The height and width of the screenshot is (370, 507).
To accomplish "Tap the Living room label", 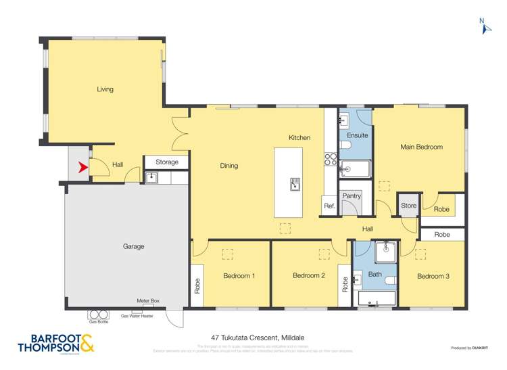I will pyautogui.click(x=105, y=89).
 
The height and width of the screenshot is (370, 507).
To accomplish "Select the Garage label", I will pyautogui.click(x=133, y=247).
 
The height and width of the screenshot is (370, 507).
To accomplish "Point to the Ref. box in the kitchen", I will pyautogui.click(x=329, y=206).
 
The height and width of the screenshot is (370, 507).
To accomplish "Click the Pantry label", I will pyautogui.click(x=351, y=196).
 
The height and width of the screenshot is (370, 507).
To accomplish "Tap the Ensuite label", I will pyautogui.click(x=357, y=135).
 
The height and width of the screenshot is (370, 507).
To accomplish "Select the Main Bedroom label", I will pyautogui.click(x=421, y=147).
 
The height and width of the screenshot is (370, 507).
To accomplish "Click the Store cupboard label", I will pyautogui.click(x=408, y=206).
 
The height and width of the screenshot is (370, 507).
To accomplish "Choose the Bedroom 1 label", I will pyautogui.click(x=239, y=276).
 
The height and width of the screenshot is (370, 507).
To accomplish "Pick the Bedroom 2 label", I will pyautogui.click(x=309, y=276).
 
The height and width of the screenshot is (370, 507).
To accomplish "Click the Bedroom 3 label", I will pyautogui.click(x=433, y=276).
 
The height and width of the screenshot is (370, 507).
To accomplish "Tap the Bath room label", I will pyautogui.click(x=375, y=275).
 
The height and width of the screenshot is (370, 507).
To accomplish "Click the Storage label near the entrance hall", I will pyautogui.click(x=167, y=162).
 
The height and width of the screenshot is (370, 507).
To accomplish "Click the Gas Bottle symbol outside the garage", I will pyautogui.click(x=99, y=315).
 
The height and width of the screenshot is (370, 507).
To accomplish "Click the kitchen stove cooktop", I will pyautogui.click(x=331, y=160).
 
